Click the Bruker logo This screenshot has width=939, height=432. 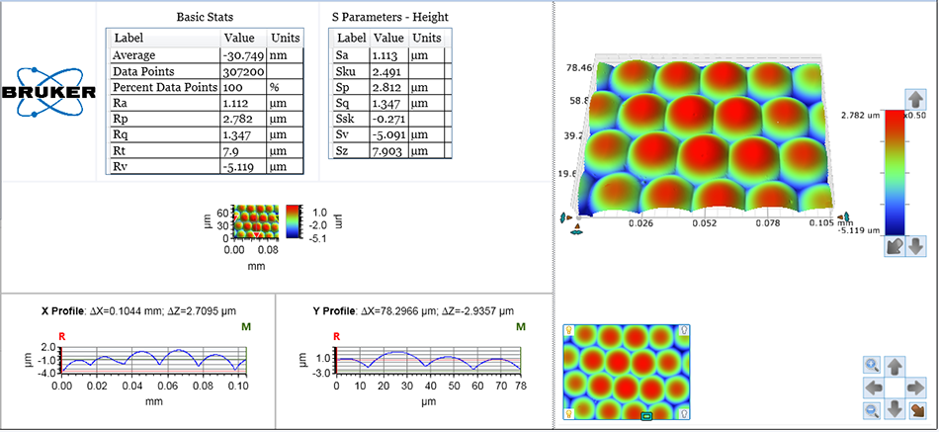[49, 93]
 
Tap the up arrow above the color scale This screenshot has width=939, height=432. [916, 99]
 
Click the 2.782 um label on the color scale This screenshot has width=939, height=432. [857, 116]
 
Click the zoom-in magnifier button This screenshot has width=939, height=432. [872, 365]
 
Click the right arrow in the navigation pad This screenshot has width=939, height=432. [916, 387]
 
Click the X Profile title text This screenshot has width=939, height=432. [72, 310]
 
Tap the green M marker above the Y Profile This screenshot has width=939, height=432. [520, 326]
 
